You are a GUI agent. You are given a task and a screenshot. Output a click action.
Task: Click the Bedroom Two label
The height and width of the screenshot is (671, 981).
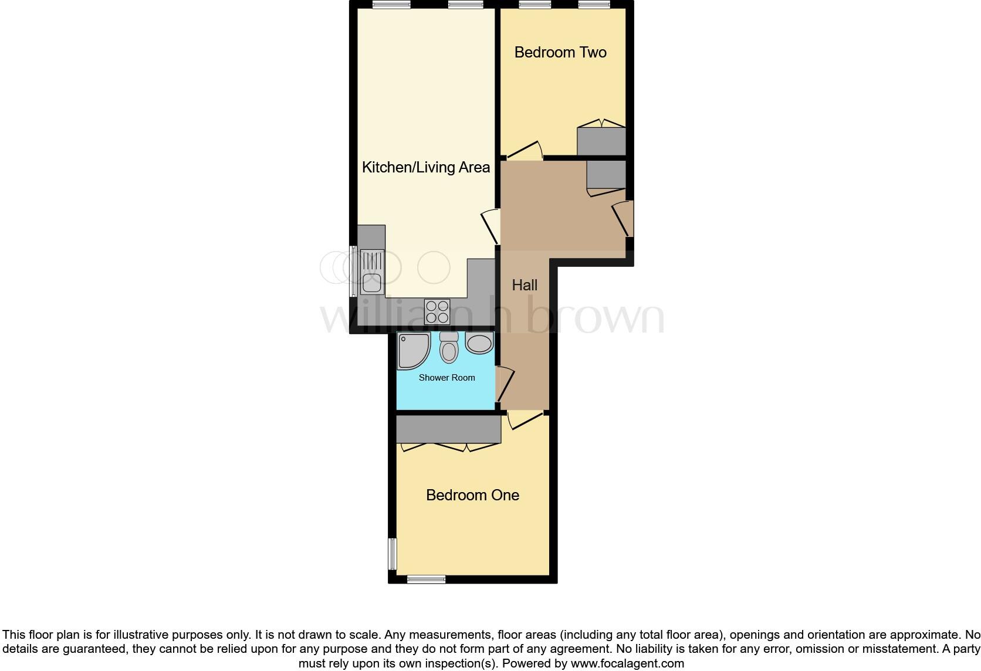(x=560, y=52)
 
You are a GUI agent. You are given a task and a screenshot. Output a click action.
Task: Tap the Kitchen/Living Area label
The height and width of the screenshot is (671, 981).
(x=425, y=167)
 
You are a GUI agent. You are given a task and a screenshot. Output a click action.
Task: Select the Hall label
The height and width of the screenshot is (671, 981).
(x=525, y=285)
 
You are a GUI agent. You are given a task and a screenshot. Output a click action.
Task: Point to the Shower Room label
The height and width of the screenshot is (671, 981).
(x=446, y=378)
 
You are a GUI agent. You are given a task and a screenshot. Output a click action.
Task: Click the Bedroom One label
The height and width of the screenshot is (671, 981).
(x=472, y=495)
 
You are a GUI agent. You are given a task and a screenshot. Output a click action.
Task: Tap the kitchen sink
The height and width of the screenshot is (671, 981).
(x=371, y=271)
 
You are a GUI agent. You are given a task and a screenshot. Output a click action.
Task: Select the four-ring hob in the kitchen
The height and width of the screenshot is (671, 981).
(x=437, y=311)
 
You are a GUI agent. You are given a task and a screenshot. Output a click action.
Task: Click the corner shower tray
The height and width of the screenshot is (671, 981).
(x=412, y=350)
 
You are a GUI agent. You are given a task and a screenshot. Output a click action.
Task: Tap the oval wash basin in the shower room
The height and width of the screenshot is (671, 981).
(x=479, y=343)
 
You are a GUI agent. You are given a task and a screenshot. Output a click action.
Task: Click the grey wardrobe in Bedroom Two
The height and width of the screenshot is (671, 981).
(x=601, y=141)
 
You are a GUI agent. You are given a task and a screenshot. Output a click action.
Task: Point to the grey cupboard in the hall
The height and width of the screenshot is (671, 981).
(x=606, y=174)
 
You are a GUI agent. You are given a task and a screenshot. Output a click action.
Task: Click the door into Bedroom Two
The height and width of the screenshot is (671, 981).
(x=524, y=150)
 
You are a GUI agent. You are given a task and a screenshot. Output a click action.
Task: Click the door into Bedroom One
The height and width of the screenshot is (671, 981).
(x=525, y=421)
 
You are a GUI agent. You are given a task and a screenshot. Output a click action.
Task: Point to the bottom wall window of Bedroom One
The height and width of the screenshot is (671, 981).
(x=426, y=579)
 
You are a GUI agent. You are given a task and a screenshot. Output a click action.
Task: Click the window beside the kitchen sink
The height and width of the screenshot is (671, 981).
(x=353, y=271)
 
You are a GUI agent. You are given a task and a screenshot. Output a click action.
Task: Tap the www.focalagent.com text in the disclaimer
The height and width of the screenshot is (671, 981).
(x=627, y=664)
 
